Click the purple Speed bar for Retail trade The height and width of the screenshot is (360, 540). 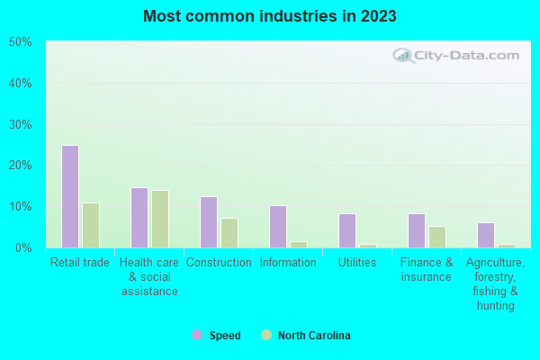pos(69,196)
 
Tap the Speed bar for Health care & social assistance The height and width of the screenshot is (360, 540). pos(139,217)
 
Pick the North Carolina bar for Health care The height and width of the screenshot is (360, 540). pos(160,219)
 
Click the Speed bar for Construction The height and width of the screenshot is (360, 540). pos(208,221)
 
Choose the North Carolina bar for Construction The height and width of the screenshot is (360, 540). pos(229,232)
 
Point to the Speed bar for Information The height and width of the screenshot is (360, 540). pos(278,226)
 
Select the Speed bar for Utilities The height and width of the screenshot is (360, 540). pos(347,230)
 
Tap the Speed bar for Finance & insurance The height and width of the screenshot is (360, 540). pos(416,230)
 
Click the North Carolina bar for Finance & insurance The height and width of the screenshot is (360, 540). pos(437,237)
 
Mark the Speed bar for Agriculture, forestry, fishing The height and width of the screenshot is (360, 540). pos(486,235)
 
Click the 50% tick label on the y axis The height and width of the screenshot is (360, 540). pos(20,42)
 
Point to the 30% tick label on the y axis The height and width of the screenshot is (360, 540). pos(20,124)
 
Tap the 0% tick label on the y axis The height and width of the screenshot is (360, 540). pos(22,247)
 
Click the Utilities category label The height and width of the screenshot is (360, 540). pos(357,263)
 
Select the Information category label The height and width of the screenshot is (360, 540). pos(288,263)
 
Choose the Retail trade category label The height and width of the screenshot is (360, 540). pos(80,263)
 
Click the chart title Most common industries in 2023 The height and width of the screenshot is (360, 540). pos(269,16)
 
